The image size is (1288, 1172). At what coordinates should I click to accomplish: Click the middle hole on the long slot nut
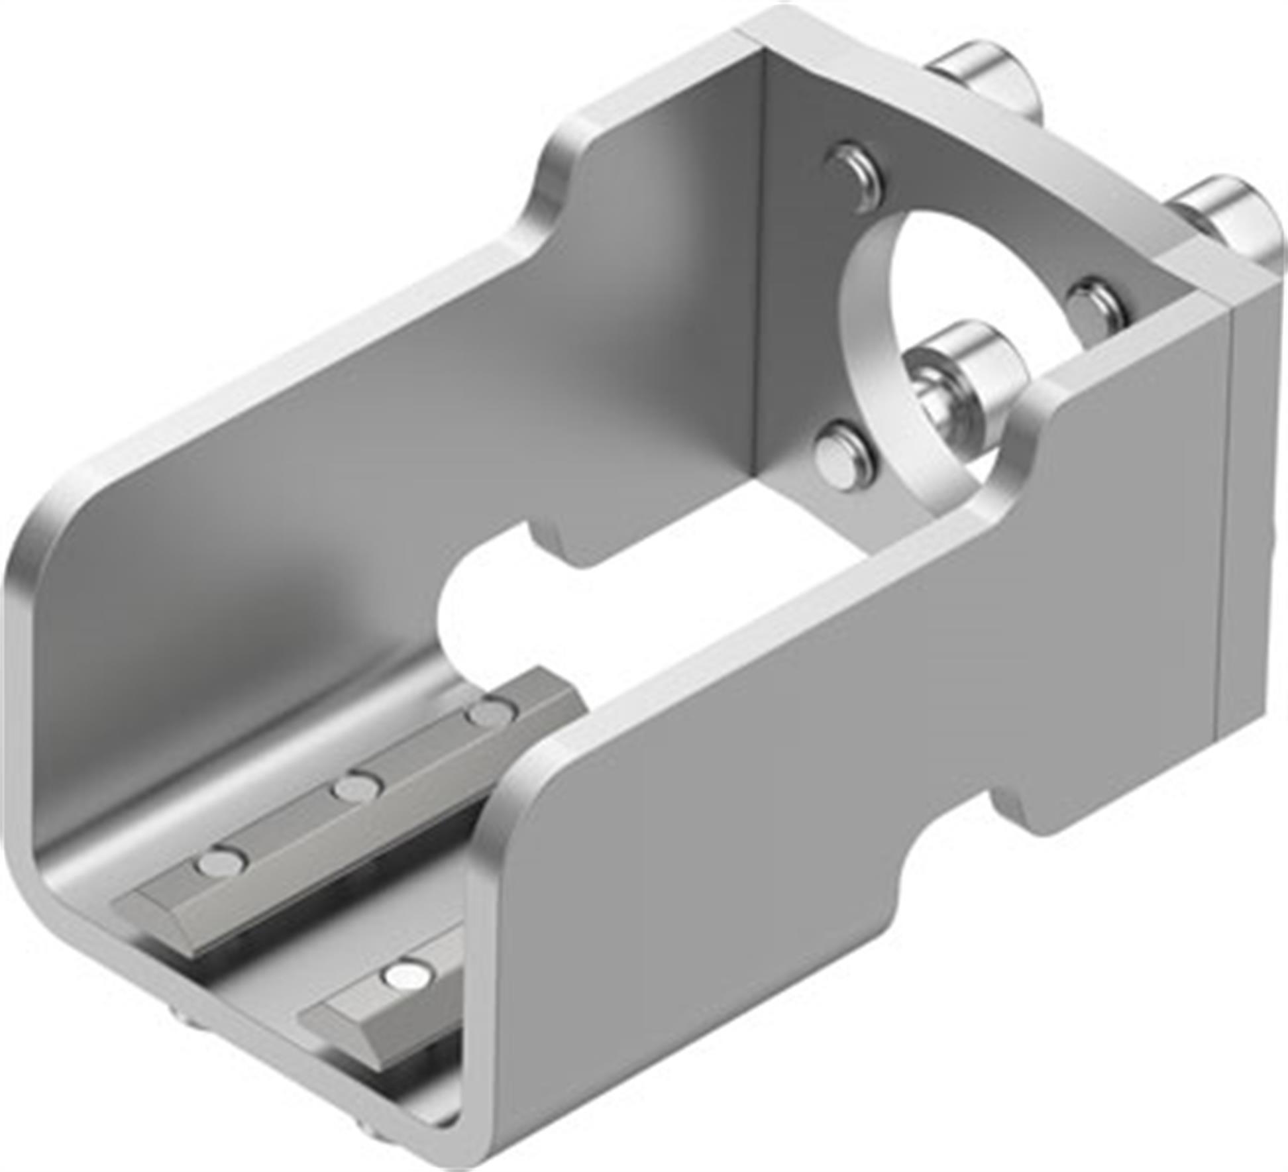click(358, 787)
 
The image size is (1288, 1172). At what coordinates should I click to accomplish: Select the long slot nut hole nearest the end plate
click(492, 713)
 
